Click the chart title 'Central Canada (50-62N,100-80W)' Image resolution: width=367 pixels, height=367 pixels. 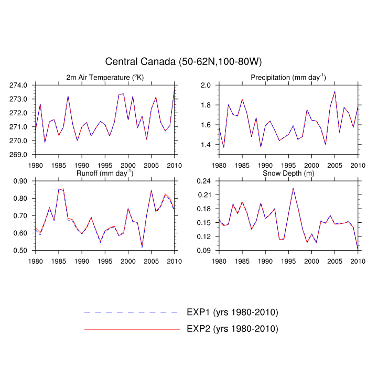click(183, 62)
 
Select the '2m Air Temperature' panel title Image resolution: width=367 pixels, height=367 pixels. click(105, 78)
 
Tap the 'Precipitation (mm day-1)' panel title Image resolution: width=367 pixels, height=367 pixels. click(288, 78)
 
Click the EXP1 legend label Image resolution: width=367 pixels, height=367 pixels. click(232, 312)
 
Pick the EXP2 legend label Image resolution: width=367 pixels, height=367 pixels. click(232, 329)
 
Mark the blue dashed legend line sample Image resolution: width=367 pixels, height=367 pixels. click(131, 312)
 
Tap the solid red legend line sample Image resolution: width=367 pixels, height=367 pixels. click(131, 329)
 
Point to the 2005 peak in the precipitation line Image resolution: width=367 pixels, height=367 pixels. click(334, 92)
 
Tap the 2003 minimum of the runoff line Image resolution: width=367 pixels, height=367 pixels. click(142, 247)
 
